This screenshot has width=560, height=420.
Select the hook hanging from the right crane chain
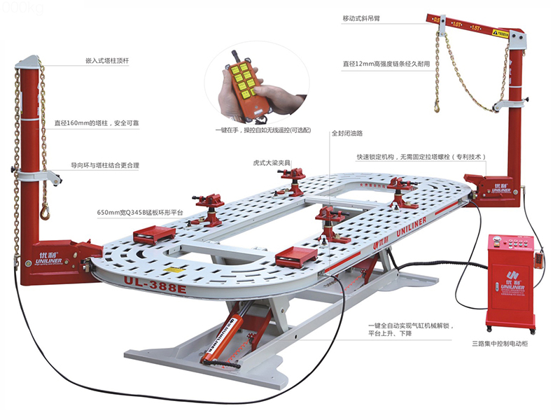(437, 106)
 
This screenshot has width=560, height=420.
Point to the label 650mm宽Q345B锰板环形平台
(143, 211)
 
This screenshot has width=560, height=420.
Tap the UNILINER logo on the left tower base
(50, 258)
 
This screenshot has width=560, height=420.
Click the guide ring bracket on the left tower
(41, 174)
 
